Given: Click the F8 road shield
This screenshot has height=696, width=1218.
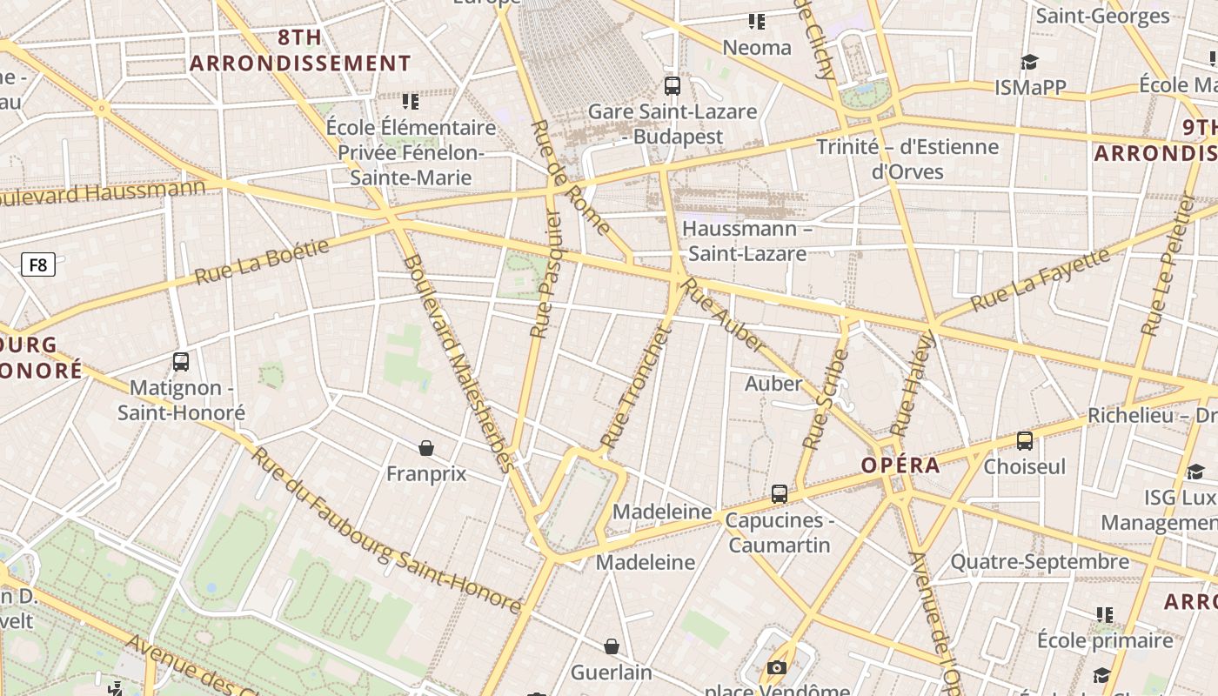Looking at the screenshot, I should coord(38,264).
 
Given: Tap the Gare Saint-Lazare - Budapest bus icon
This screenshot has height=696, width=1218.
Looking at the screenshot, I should coord(672,85).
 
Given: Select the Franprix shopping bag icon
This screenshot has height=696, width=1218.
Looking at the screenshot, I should coord(426,448).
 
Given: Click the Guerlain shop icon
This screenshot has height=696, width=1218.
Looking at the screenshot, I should coord(612,646).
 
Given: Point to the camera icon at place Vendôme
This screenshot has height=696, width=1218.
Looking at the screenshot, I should coord(777,668).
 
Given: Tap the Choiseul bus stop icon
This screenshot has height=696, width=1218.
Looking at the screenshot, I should coord(1025,441).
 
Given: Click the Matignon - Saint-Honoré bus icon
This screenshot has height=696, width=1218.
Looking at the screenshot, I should coord(181,362).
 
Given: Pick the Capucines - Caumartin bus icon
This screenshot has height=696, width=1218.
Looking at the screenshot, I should coord(780,494).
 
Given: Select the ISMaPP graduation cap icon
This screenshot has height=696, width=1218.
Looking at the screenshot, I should coord(1030,62).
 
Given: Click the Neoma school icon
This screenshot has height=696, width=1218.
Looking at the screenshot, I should coord(757,21).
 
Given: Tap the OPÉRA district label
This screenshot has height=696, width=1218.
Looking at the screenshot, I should coord(900,465).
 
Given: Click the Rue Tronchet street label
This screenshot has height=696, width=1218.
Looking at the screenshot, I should coord(638,387).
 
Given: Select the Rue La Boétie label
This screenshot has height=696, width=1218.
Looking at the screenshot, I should coord(262,260).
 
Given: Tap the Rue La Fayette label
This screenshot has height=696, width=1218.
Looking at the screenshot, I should coord(1041,280).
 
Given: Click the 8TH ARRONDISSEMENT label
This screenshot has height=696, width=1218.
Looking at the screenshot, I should coord(300,50).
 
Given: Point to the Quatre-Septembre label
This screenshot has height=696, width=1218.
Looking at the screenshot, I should coord(1040,562).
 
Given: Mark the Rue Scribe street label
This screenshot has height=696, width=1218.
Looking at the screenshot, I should coord(825,399).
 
